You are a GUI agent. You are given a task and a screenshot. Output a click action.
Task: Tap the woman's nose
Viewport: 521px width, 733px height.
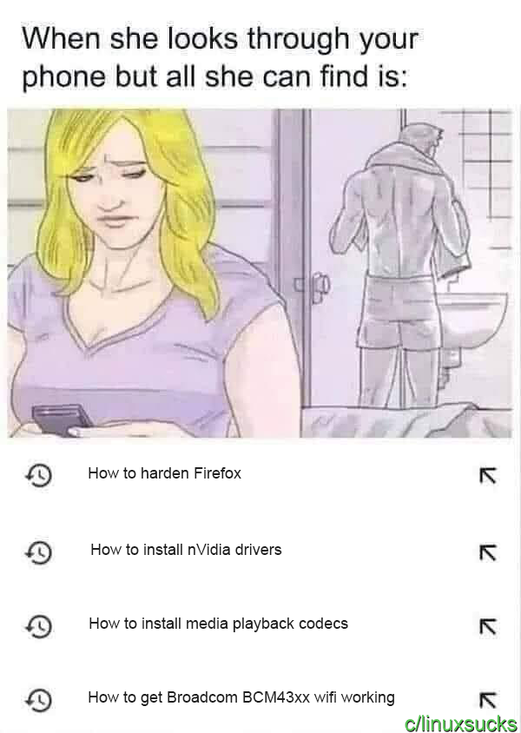pyautogui.click(x=111, y=195)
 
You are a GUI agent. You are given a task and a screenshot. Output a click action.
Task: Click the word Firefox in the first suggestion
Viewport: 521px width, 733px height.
pyautogui.click(x=217, y=473)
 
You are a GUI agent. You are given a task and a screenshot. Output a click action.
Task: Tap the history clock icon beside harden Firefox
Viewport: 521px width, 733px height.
pyautogui.click(x=38, y=475)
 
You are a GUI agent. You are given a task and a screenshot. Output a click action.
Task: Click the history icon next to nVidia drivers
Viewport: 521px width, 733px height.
pyautogui.click(x=38, y=551)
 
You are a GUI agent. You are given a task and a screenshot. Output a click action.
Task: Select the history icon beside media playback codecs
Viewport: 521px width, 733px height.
pyautogui.click(x=38, y=626)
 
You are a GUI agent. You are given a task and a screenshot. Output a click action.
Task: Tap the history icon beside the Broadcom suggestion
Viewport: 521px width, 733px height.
pyautogui.click(x=38, y=699)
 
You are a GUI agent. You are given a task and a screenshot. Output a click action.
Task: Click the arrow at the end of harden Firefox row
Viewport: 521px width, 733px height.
pyautogui.click(x=487, y=476)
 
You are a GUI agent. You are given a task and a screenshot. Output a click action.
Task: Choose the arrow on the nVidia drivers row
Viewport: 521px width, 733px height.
pyautogui.click(x=487, y=552)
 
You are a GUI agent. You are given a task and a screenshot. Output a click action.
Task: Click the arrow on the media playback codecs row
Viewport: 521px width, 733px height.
pyautogui.click(x=487, y=626)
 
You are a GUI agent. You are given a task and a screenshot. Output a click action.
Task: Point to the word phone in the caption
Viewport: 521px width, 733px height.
pyautogui.click(x=64, y=76)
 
